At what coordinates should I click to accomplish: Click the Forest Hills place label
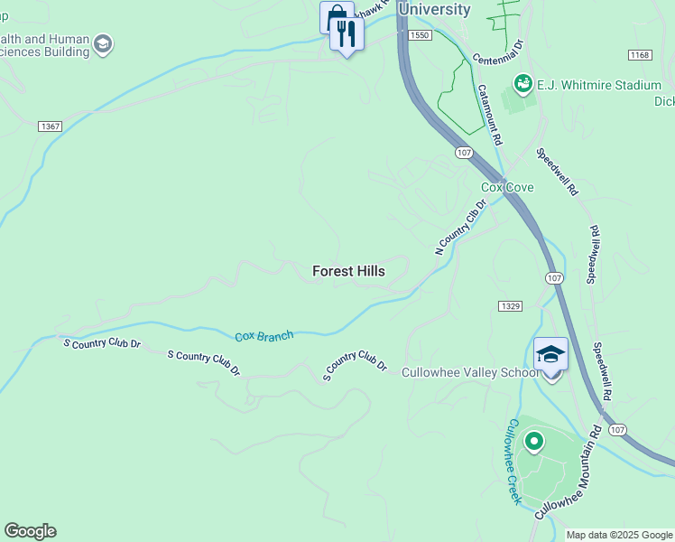348,271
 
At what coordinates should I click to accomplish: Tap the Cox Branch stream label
264,336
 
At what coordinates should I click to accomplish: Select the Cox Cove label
506,188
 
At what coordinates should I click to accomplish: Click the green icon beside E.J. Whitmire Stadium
522,85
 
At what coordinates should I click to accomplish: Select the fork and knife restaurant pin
347,34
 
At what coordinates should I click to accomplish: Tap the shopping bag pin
336,17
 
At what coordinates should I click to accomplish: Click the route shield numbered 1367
51,126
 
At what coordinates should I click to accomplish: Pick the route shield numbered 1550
419,34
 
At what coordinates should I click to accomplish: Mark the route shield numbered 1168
640,56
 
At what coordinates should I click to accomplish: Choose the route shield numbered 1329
510,306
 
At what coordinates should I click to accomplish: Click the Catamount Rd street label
491,116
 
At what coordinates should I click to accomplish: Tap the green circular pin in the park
534,442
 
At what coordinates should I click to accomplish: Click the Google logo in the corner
30,531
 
